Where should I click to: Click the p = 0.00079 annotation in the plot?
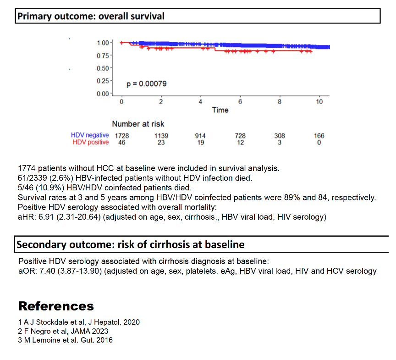click(147, 84)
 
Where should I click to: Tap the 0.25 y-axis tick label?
click(103, 81)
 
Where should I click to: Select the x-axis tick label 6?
click(240, 101)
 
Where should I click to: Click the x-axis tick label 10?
click(319, 101)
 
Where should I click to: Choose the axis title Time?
click(220, 110)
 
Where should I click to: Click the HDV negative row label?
click(90, 135)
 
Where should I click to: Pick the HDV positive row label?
click(91, 142)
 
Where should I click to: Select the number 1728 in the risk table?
click(122, 136)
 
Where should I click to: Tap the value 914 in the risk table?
click(200, 136)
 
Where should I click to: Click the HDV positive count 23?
click(161, 143)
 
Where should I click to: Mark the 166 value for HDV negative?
click(319, 136)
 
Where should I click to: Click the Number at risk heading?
click(138, 124)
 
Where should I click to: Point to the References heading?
click(56, 306)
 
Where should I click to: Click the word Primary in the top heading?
click(34, 17)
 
